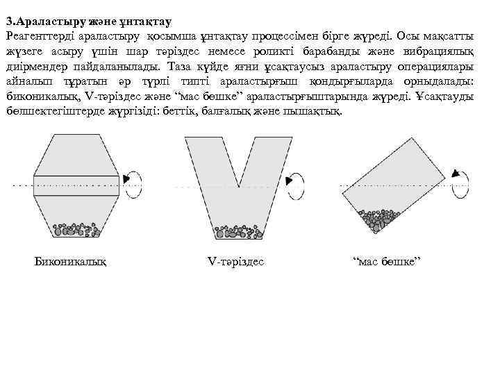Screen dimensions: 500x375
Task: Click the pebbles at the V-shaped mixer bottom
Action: tap(238, 228)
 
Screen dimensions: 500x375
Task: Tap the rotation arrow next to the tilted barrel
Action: tap(459, 181)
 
